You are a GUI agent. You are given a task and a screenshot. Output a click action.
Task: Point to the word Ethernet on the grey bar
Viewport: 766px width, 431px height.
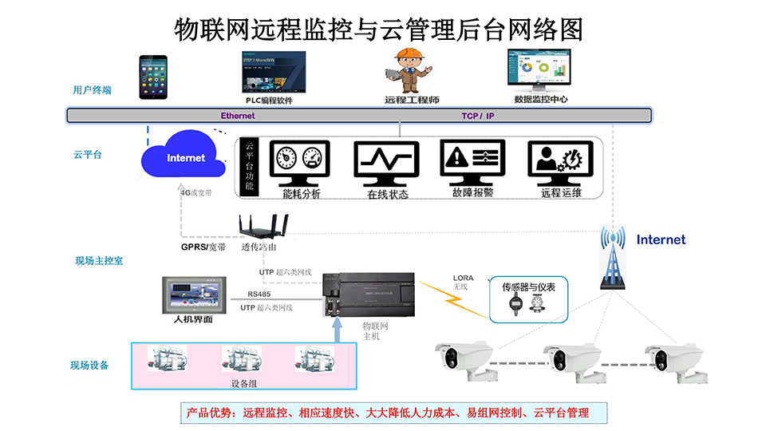pyautogui.click(x=238, y=116)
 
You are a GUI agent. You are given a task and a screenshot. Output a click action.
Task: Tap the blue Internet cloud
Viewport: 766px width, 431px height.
pyautogui.click(x=184, y=157)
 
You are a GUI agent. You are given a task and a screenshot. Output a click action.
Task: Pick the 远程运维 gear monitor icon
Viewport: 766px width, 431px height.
pyautogui.click(x=561, y=163)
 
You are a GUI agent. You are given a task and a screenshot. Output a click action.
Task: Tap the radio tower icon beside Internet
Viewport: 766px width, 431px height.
pyautogui.click(x=613, y=258)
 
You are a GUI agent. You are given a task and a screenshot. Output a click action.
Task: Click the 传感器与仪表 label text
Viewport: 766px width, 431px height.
pyautogui.click(x=527, y=287)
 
